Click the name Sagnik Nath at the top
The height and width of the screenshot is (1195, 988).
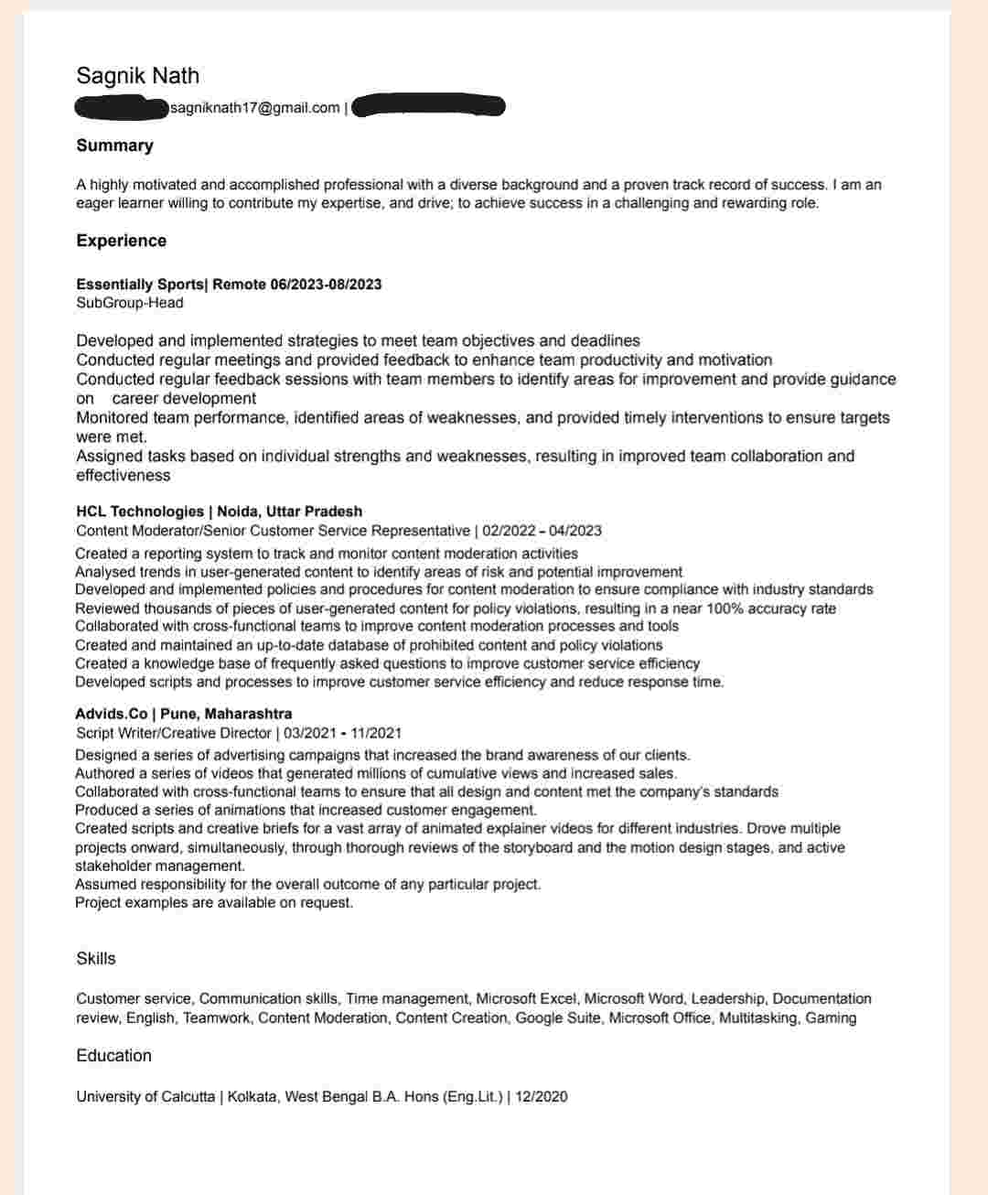tap(137, 76)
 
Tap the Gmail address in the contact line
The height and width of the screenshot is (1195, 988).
tap(254, 108)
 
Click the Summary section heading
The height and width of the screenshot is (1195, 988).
tap(114, 145)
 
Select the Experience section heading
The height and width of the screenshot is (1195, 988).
tap(121, 241)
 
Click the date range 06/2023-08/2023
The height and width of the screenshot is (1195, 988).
tap(326, 285)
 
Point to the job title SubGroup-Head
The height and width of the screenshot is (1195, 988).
tap(129, 303)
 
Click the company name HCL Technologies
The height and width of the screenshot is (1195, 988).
tap(139, 511)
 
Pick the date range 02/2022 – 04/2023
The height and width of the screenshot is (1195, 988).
tap(542, 531)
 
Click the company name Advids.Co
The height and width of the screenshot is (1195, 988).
tap(112, 714)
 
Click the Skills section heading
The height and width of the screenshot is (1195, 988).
tap(96, 958)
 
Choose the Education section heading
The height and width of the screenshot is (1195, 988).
tap(113, 1055)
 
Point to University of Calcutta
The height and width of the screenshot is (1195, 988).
tap(145, 1096)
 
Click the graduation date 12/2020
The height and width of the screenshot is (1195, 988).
tap(542, 1096)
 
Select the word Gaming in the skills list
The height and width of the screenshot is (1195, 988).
tap(831, 1017)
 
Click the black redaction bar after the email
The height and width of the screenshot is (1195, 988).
tap(427, 106)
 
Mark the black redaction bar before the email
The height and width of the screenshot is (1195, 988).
tap(121, 107)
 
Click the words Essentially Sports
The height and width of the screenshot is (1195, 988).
tap(140, 285)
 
